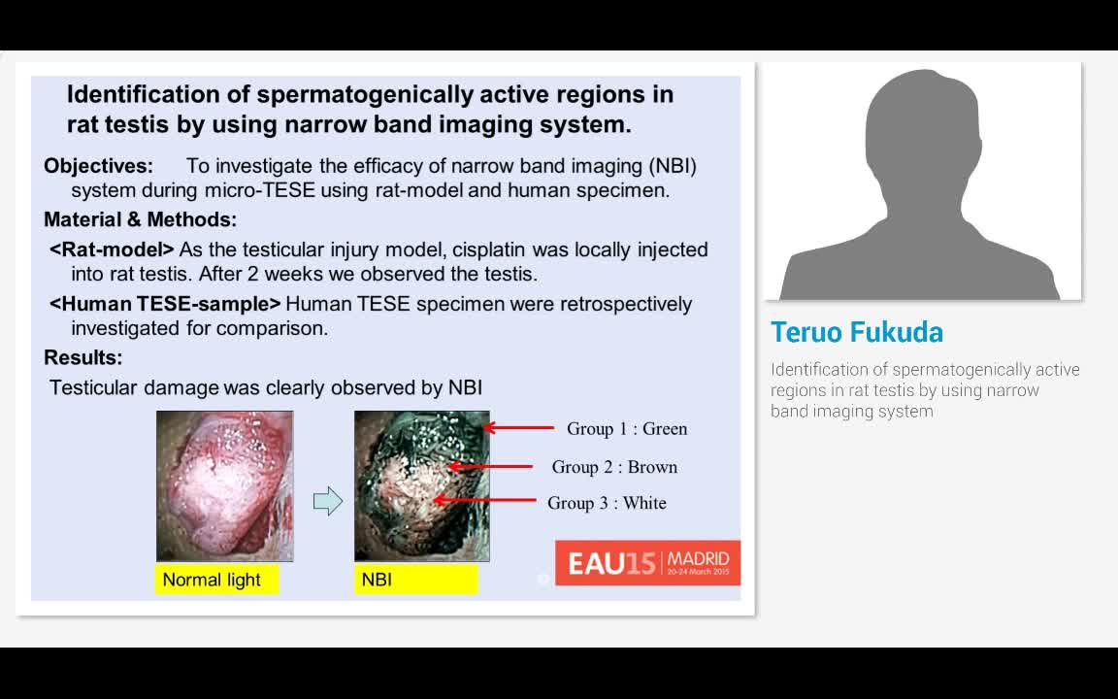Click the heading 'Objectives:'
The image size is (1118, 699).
click(x=98, y=166)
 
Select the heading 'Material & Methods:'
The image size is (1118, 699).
click(x=140, y=219)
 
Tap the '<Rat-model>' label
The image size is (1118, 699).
click(x=112, y=250)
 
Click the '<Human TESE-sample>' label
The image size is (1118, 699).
click(x=165, y=304)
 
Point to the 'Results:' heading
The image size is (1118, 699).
click(x=82, y=357)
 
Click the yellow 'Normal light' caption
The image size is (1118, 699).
click(x=216, y=580)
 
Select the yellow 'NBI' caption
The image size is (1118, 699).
click(x=415, y=580)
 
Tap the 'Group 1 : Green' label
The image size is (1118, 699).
click(x=627, y=429)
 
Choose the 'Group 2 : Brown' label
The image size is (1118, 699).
click(x=614, y=467)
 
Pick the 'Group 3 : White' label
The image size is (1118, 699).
click(x=607, y=503)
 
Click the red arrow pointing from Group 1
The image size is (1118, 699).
click(x=518, y=428)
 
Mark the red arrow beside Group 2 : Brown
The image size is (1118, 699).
click(x=490, y=466)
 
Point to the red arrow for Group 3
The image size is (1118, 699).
click(x=485, y=500)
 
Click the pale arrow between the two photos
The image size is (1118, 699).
click(x=328, y=501)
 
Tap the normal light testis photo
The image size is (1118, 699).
click(x=224, y=485)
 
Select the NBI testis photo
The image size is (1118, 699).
click(x=422, y=485)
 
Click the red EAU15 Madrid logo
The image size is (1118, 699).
click(x=647, y=563)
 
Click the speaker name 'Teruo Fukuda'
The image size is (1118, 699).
click(x=857, y=332)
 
